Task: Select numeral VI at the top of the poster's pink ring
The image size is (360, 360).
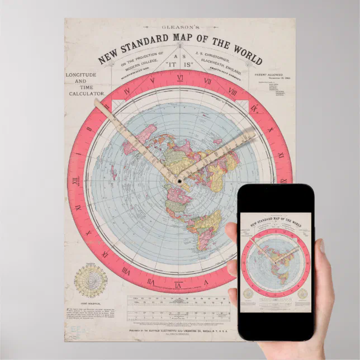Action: coord(180,79)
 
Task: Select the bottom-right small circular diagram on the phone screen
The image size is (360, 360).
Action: coord(302,293)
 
